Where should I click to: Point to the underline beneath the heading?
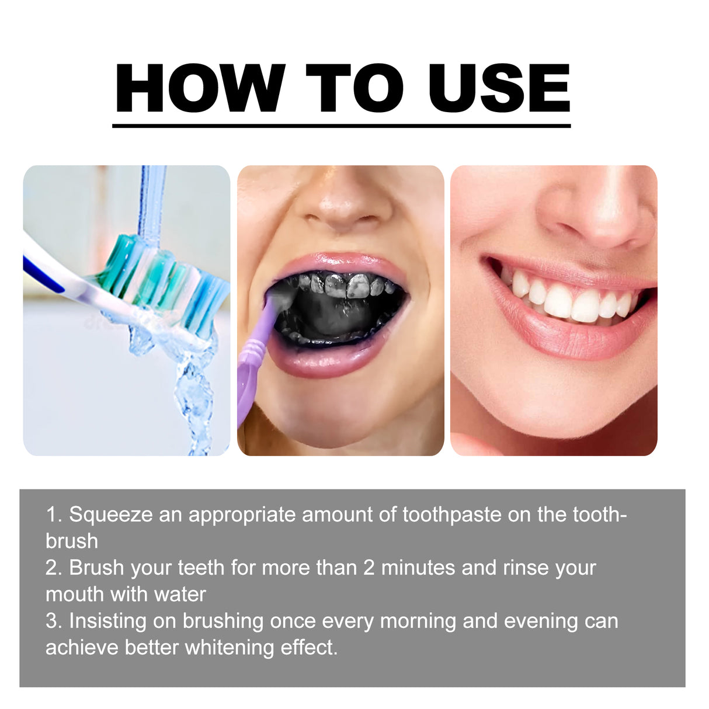pos(341,125)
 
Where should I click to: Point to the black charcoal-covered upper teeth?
pos(345,284)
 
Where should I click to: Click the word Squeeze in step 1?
pos(111,515)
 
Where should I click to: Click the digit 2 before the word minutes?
pos(369,568)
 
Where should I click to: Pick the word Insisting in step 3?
pos(107,621)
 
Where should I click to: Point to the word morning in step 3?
pos(418,621)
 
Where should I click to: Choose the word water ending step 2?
pos(180,595)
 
